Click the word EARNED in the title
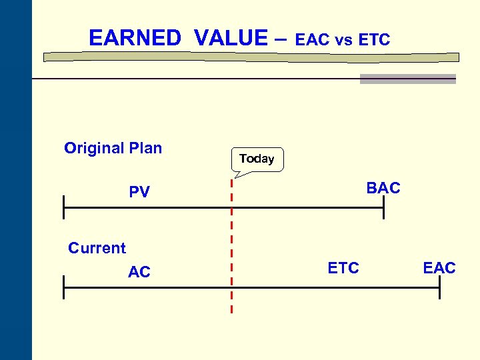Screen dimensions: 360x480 [135, 38]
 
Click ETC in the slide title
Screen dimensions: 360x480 [374, 40]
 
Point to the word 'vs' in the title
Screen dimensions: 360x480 [343, 41]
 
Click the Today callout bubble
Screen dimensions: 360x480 [257, 159]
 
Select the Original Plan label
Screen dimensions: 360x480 [113, 148]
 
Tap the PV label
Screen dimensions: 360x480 [139, 193]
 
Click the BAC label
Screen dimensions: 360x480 [383, 188]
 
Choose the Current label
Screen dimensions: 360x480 [97, 248]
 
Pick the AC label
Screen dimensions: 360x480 [139, 271]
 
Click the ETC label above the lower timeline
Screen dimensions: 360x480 [343, 268]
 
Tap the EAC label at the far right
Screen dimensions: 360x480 [439, 268]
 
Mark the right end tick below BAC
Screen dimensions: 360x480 [384, 208]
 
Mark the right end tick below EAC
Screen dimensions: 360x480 [439, 288]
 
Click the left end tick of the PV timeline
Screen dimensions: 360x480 [64, 208]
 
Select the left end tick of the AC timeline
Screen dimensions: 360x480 [64, 288]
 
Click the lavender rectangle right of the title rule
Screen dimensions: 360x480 [407, 79]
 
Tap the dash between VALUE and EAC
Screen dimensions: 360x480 [281, 39]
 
